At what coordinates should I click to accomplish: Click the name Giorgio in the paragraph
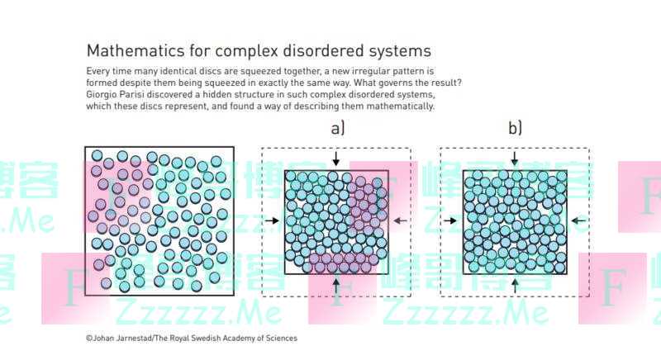tap(106, 95)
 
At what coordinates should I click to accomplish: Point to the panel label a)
tap(337, 128)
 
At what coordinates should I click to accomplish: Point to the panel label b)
tap(515, 128)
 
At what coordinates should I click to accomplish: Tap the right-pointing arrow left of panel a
tap(273, 220)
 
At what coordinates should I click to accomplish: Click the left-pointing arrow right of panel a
tap(400, 220)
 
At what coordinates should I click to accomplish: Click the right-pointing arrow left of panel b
tap(450, 220)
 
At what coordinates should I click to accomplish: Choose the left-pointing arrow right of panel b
tap(578, 220)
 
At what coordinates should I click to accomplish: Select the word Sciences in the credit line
tap(280, 338)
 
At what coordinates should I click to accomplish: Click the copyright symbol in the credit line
tap(88, 338)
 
